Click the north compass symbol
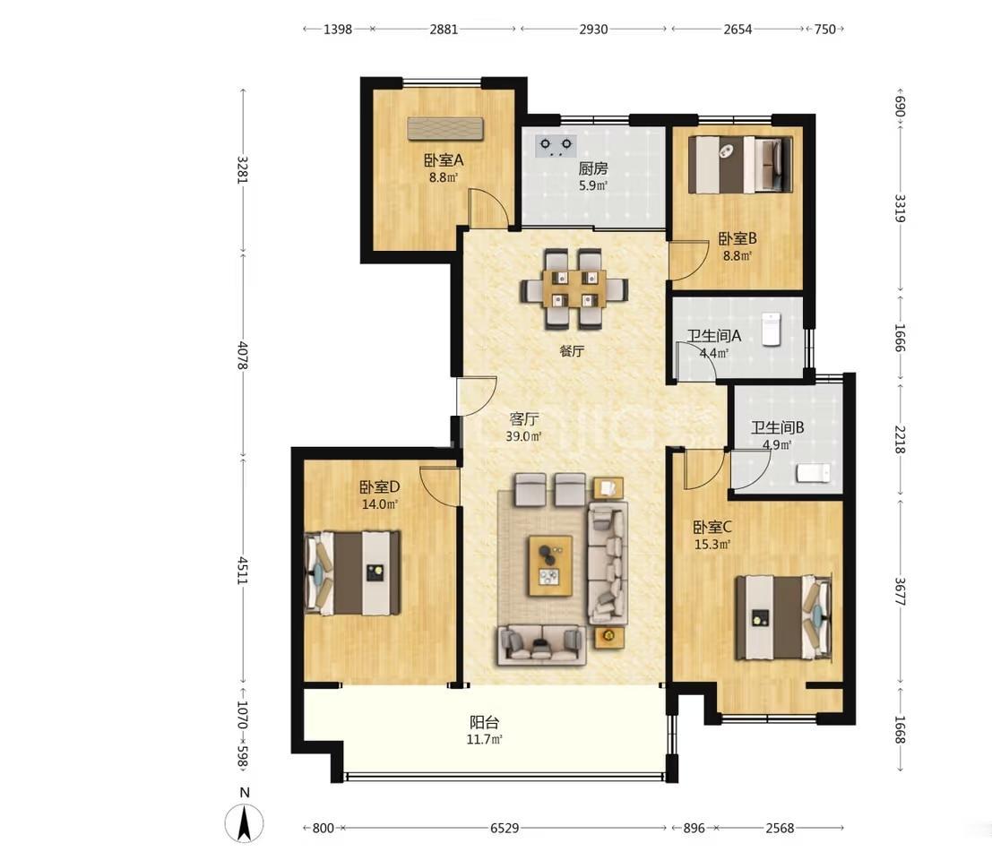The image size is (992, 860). (x=245, y=823)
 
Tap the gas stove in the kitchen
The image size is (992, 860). (x=556, y=146)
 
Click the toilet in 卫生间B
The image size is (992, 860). (x=813, y=473)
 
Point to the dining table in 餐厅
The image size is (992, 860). (x=574, y=289)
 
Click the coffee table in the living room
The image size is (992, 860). (x=550, y=565)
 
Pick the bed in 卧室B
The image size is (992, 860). (x=741, y=165)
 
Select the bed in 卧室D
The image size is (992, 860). (x=353, y=573)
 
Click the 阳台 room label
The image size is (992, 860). (x=485, y=722)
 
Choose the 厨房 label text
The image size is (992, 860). (x=593, y=168)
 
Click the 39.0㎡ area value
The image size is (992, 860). (x=524, y=436)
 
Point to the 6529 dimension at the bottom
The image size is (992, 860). (x=505, y=828)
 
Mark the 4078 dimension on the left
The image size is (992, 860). (x=242, y=356)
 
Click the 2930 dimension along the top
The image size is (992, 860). (x=593, y=29)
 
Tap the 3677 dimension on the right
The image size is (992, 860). (x=901, y=591)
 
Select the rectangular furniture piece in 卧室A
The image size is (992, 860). (x=445, y=129)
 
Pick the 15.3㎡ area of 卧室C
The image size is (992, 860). (x=712, y=544)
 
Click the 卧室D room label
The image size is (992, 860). (x=380, y=487)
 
